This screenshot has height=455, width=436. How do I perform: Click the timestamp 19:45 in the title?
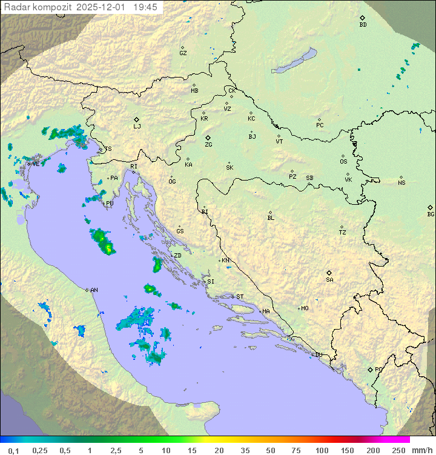tap(145, 7)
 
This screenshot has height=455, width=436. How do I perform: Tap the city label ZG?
tap(208, 145)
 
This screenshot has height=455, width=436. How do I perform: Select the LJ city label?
tap(137, 126)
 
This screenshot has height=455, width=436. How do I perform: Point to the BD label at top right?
tap(363, 25)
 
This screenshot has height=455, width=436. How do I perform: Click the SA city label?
tap(329, 279)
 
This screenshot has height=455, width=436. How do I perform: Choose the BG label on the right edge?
tap(431, 214)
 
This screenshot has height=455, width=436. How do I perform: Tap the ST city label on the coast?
tap(240, 297)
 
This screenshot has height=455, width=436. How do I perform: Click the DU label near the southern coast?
tap(319, 355)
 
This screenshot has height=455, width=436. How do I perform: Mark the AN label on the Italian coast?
tap(94, 290)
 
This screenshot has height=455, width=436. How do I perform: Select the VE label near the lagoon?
tap(36, 164)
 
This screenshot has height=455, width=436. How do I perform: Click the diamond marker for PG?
tap(370, 369)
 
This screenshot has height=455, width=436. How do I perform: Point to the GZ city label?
tap(183, 53)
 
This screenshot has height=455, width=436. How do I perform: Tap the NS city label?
tap(401, 183)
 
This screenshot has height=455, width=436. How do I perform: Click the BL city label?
tap(271, 218)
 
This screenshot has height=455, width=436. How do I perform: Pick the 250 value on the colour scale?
tap(398, 450)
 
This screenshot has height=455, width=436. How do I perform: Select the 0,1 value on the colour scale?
tap(13, 450)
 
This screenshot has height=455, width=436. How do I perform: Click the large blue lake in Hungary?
tap(294, 61)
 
